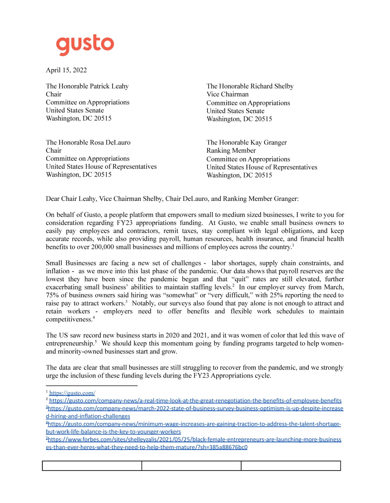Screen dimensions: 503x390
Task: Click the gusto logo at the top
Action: coord(85,45)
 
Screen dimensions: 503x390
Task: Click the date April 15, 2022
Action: coord(66,70)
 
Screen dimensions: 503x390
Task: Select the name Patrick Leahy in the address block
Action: coord(109,86)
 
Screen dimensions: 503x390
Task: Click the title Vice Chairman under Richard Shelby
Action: coord(227,94)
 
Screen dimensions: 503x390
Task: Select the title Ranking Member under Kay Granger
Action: coord(231,151)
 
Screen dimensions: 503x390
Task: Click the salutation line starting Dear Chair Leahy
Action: coord(172,199)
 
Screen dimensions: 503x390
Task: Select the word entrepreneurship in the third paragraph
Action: coord(70,343)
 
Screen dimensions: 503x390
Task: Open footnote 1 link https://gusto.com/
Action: coord(72,393)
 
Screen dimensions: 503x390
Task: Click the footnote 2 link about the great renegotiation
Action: coord(195,401)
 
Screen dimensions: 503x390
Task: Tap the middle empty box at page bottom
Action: coord(191,466)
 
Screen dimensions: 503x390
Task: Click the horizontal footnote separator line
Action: coord(91,386)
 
